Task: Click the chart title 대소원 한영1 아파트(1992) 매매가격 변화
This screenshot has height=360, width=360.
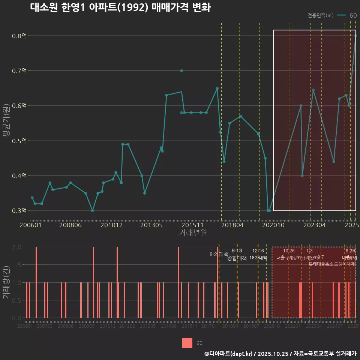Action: [120, 8]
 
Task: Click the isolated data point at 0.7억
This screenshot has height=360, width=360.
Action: [181, 70]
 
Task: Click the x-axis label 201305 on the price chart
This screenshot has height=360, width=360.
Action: [151, 225]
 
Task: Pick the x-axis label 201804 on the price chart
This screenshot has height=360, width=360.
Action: [232, 225]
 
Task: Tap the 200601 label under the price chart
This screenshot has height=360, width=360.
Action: [30, 225]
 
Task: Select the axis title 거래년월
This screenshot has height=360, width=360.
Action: [193, 233]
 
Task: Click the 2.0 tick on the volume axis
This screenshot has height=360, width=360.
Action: [17, 247]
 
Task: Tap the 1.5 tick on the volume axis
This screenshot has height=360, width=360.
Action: [17, 265]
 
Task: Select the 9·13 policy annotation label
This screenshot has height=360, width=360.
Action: [237, 251]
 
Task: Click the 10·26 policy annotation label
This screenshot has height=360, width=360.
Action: [289, 251]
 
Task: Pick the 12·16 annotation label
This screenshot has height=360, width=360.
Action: [258, 251]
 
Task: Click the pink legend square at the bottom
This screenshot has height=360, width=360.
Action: [187, 343]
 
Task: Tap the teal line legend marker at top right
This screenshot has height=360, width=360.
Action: [341, 15]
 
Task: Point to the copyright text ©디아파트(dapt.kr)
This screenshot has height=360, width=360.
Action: [229, 354]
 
